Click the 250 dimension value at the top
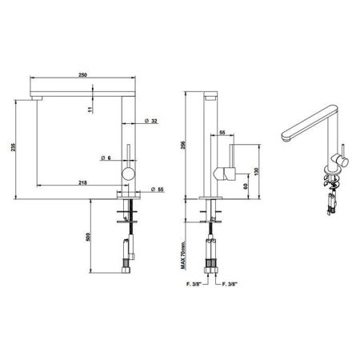coord(82,74)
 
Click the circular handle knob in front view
coord(127,174)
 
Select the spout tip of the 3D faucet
coord(285,138)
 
